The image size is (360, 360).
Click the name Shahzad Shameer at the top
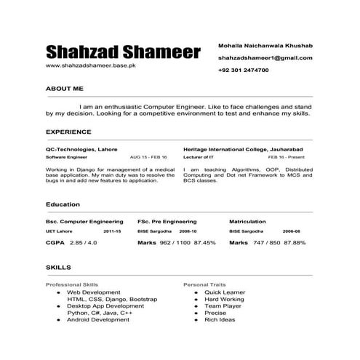tap(123, 52)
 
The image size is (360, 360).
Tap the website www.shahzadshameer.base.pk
tap(91, 66)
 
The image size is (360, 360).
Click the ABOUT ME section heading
tap(65, 87)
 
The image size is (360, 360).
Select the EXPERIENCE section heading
tap(68, 132)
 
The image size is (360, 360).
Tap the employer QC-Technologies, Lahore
tap(81, 148)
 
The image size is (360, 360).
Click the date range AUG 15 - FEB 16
tap(148, 157)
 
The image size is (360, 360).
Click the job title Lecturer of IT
tap(199, 157)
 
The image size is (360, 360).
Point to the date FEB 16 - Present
tap(286, 157)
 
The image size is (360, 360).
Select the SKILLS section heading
tap(58, 268)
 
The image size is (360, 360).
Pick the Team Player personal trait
tap(223, 306)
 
